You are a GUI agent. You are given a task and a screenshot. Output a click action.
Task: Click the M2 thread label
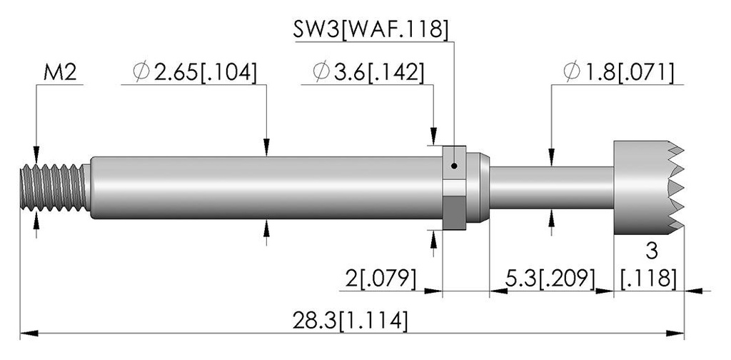[x=60, y=73]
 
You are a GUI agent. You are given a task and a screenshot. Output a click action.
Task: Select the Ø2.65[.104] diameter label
[x=194, y=73]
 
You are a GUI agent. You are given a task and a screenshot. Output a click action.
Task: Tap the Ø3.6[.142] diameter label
[x=368, y=73]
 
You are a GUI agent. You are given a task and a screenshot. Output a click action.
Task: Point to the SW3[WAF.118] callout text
[x=370, y=30]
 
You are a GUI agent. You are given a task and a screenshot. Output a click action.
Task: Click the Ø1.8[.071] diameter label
[x=618, y=73]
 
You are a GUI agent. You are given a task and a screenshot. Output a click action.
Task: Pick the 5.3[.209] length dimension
[x=550, y=279]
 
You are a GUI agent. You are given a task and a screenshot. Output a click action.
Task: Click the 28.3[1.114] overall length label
[x=350, y=321]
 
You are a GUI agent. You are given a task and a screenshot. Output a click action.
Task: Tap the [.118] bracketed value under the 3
[x=649, y=279]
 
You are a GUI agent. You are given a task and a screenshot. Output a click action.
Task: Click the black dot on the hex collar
[x=454, y=166]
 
